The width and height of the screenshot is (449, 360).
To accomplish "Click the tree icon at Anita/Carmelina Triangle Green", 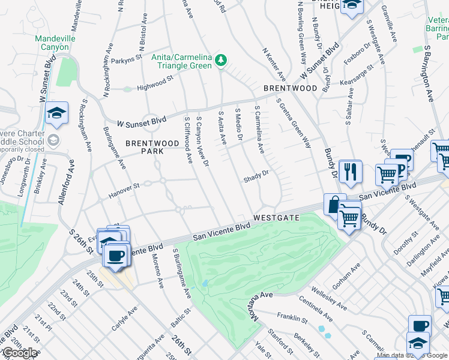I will (221, 59).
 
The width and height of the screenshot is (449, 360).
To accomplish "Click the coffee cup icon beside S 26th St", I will (115, 255).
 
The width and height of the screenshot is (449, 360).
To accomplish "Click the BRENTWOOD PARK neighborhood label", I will (152, 148).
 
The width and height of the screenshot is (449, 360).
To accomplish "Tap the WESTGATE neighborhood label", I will (276, 217).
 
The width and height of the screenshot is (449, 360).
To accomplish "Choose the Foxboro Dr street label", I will (358, 54).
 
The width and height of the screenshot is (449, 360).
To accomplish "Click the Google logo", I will (20, 353).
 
